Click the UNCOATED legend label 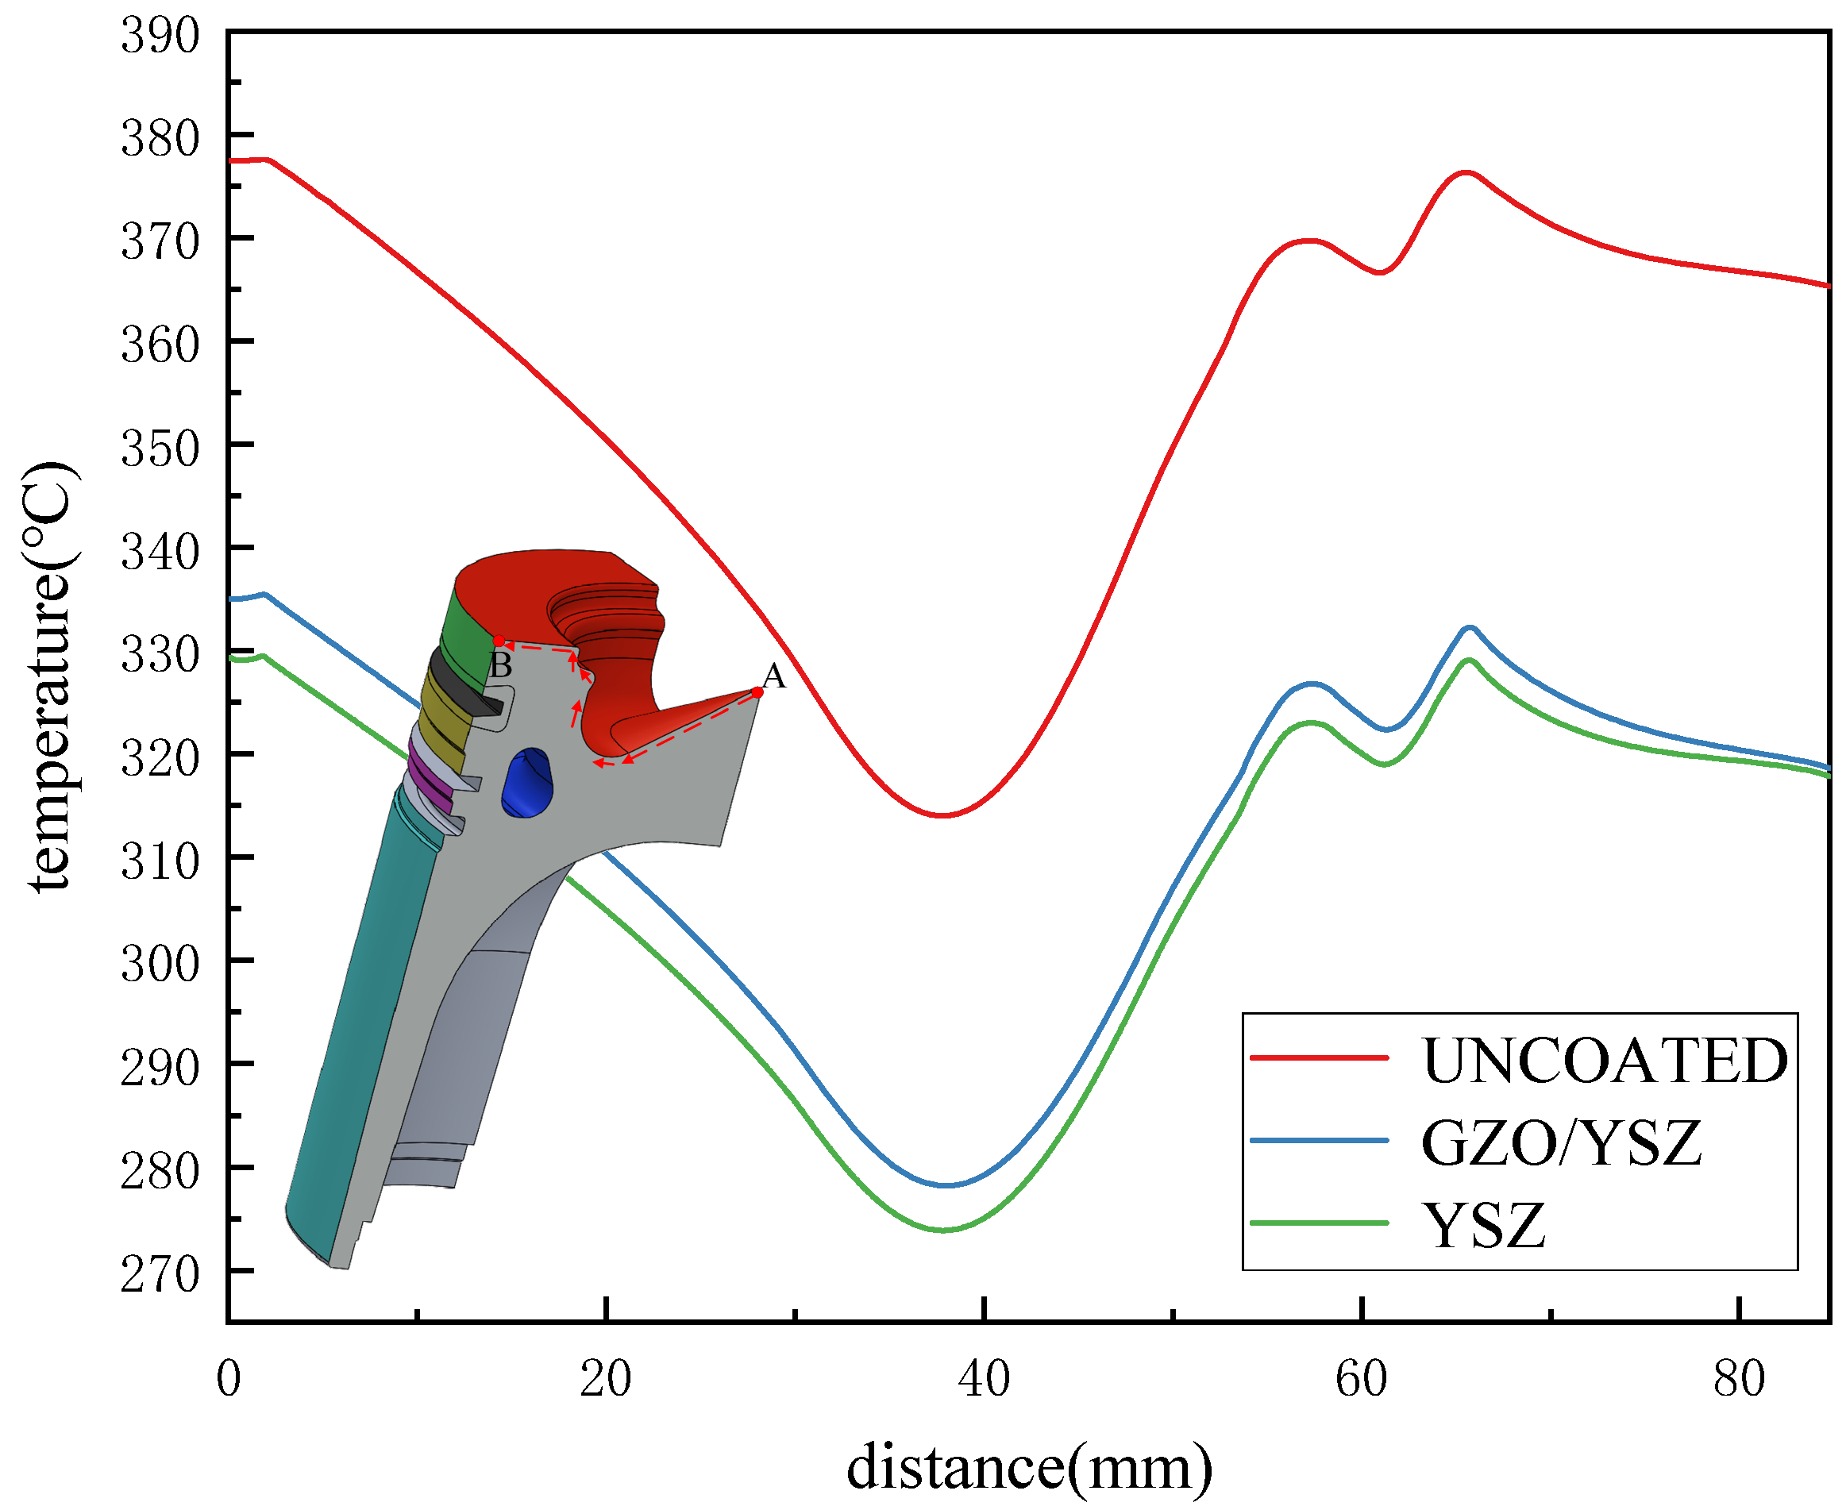tap(1604, 1061)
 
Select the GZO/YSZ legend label tap(1562, 1143)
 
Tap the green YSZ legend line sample tap(1320, 1223)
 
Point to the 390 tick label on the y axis tap(160, 37)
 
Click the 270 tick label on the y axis tap(160, 1274)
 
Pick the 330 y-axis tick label tap(160, 655)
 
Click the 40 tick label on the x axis tap(984, 1379)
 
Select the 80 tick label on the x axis tap(1740, 1379)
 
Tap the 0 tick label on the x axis tap(228, 1379)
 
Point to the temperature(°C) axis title tap(50, 676)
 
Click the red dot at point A tap(757, 692)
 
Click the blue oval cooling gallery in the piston tap(526, 783)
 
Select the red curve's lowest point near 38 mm tap(943, 815)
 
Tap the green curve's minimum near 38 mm tap(944, 1231)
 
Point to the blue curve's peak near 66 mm tap(1470, 627)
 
